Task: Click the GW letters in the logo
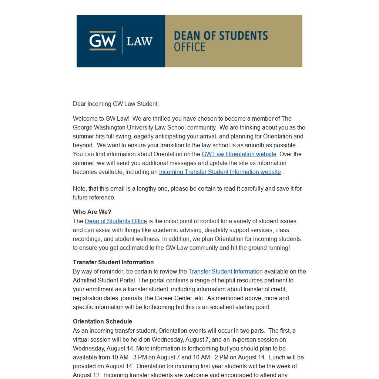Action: [103, 40]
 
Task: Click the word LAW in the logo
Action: [140, 41]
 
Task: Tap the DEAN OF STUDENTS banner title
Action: [221, 36]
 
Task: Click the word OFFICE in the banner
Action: [189, 47]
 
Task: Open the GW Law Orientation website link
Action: [239, 154]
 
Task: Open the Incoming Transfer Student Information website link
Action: [220, 172]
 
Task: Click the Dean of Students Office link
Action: [115, 221]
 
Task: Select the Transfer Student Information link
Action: [225, 271]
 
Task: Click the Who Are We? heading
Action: [92, 212]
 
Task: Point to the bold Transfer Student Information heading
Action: [113, 262]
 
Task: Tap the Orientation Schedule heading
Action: [102, 321]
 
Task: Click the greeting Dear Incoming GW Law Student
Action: [115, 104]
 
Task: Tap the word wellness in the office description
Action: [147, 239]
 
